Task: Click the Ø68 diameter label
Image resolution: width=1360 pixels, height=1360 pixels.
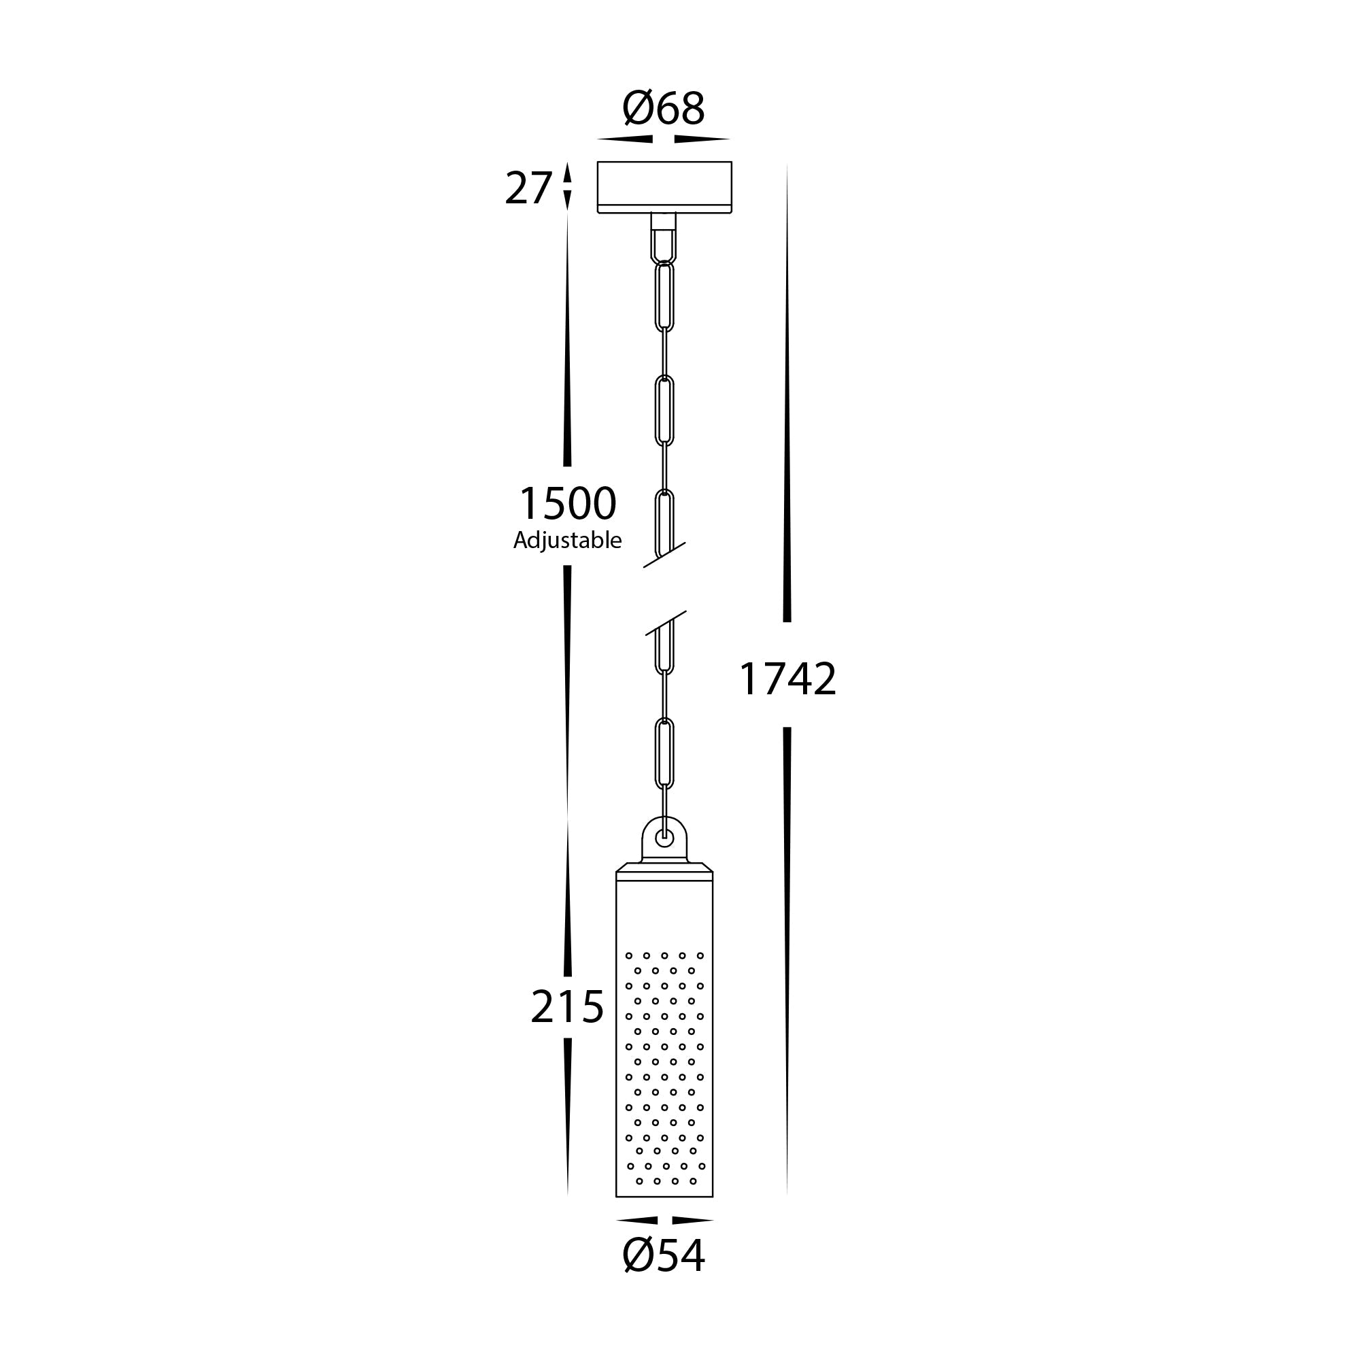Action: [663, 109]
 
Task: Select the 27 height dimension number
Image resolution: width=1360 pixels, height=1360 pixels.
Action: [528, 188]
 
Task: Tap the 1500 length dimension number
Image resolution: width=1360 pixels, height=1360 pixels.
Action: [567, 504]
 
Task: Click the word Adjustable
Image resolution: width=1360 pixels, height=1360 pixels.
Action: [567, 541]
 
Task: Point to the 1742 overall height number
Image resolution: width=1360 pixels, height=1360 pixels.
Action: [787, 679]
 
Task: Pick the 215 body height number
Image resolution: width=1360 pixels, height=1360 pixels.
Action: [566, 1006]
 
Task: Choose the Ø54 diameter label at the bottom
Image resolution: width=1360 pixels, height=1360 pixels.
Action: [663, 1256]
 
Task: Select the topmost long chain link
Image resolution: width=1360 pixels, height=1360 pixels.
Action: [664, 296]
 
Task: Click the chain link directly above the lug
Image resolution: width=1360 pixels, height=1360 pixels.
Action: [664, 753]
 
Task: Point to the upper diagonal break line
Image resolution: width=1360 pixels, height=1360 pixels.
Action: [664, 555]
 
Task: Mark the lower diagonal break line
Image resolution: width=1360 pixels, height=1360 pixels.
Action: [665, 623]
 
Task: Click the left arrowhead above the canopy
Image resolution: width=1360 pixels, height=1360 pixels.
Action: [626, 139]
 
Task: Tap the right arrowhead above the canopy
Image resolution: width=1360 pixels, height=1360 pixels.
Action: [701, 139]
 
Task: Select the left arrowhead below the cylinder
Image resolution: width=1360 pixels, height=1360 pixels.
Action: [637, 1220]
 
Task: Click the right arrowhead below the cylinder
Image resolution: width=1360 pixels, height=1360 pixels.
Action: [692, 1220]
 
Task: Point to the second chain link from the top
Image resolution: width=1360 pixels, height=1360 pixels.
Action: [664, 411]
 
